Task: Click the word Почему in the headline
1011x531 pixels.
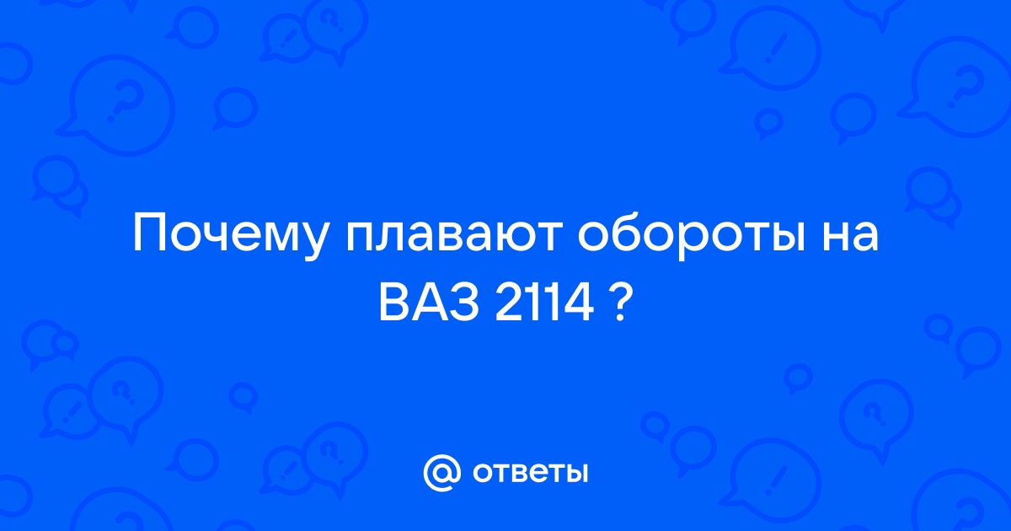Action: [x=230, y=236]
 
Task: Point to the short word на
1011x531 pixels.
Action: [x=850, y=236]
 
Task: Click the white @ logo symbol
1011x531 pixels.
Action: [x=442, y=473]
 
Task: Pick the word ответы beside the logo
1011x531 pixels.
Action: [x=530, y=473]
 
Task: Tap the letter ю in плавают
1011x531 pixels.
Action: [x=509, y=236]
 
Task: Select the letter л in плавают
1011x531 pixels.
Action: [x=391, y=236]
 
